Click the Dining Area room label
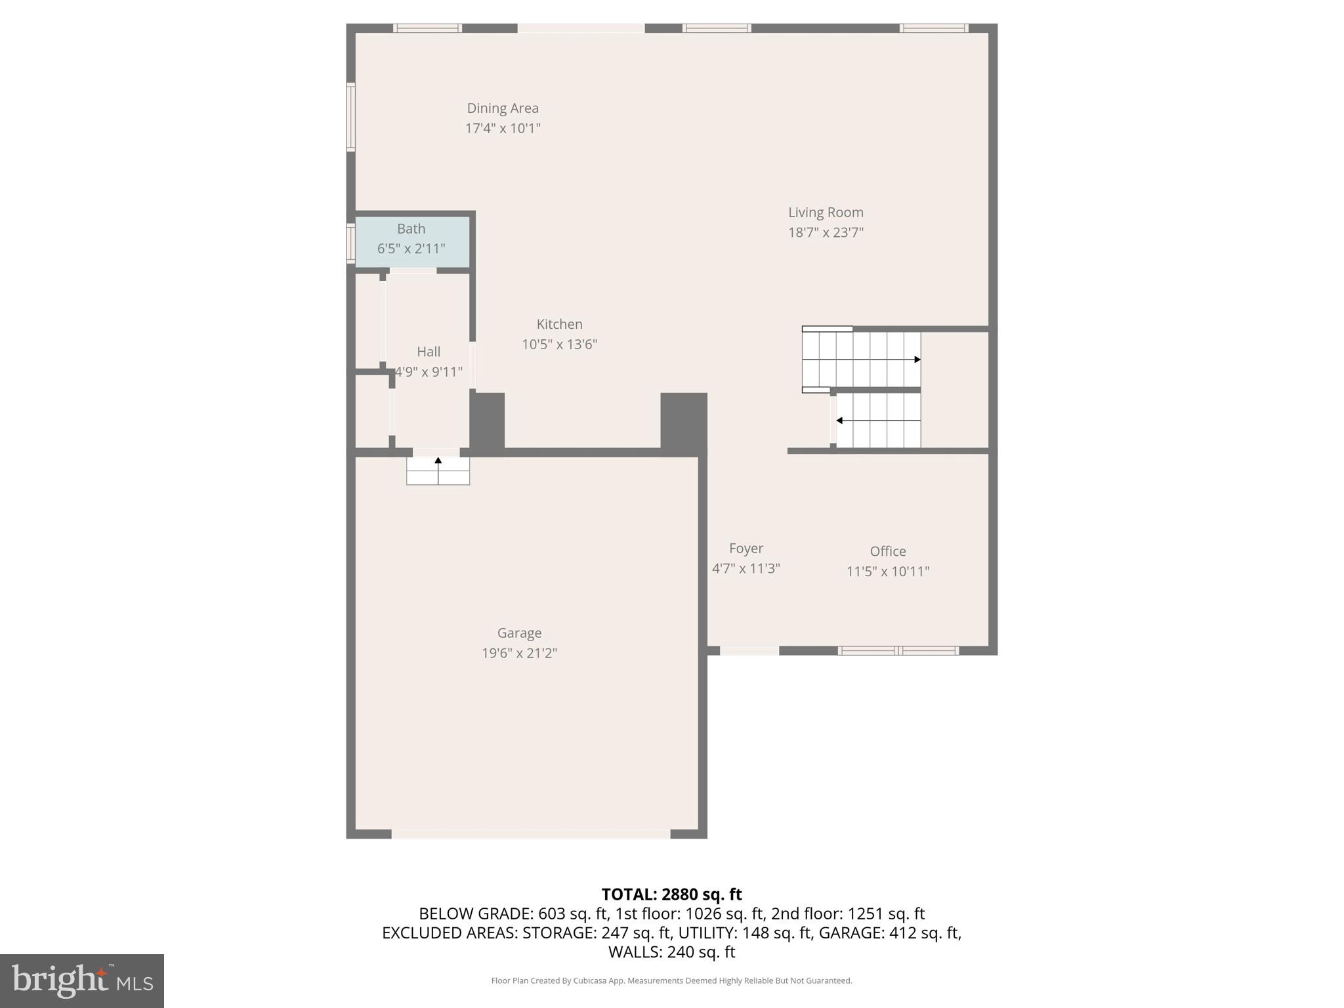tap(503, 108)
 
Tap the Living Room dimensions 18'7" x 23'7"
tap(826, 232)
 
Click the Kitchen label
tap(559, 324)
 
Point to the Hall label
tap(429, 352)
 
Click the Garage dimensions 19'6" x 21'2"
tap(519, 653)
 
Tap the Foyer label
tap(746, 549)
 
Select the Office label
tap(887, 551)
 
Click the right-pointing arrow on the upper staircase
tap(917, 360)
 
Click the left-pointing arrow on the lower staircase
tap(840, 421)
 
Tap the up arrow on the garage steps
tap(438, 461)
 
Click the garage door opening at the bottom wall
tap(530, 834)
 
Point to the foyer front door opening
tap(749, 650)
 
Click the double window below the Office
tap(898, 650)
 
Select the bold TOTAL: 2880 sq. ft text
tap(671, 894)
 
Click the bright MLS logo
tap(82, 980)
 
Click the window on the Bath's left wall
tap(351, 243)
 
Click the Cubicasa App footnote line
tap(671, 980)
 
